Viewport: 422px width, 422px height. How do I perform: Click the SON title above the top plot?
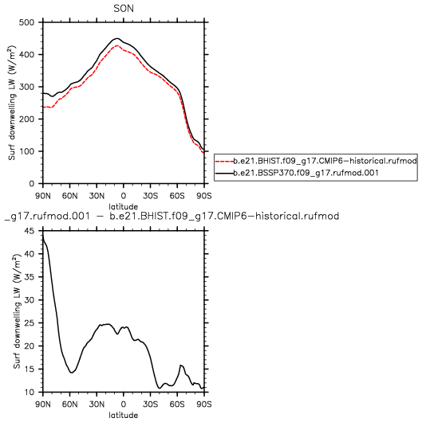[124, 9]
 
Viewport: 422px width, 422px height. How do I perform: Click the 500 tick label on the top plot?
[26, 22]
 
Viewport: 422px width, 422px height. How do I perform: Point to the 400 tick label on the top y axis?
[26, 55]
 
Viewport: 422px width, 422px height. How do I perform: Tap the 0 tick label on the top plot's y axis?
[32, 184]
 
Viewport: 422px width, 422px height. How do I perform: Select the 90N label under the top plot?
[43, 196]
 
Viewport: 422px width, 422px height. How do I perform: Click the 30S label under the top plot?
[150, 196]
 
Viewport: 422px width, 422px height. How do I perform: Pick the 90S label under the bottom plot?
[204, 404]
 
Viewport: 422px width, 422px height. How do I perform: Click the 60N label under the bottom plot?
[70, 404]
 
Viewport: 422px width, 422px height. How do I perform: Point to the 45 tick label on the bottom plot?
[30, 231]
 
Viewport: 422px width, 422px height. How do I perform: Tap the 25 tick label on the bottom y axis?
[30, 323]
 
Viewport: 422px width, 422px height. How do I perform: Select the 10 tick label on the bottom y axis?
[30, 392]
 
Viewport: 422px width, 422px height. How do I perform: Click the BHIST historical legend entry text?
[325, 161]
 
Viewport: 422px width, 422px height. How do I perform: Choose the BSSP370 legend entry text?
[306, 173]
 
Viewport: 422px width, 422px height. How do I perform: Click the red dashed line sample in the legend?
[224, 162]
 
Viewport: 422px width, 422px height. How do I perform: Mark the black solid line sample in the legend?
[224, 173]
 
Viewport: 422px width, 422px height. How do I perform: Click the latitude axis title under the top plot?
[124, 207]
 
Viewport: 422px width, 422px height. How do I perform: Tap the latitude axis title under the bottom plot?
[124, 415]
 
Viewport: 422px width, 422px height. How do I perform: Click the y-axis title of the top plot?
[12, 103]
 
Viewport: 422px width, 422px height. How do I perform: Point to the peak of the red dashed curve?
[116, 45]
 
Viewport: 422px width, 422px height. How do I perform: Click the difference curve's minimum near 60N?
[72, 373]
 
